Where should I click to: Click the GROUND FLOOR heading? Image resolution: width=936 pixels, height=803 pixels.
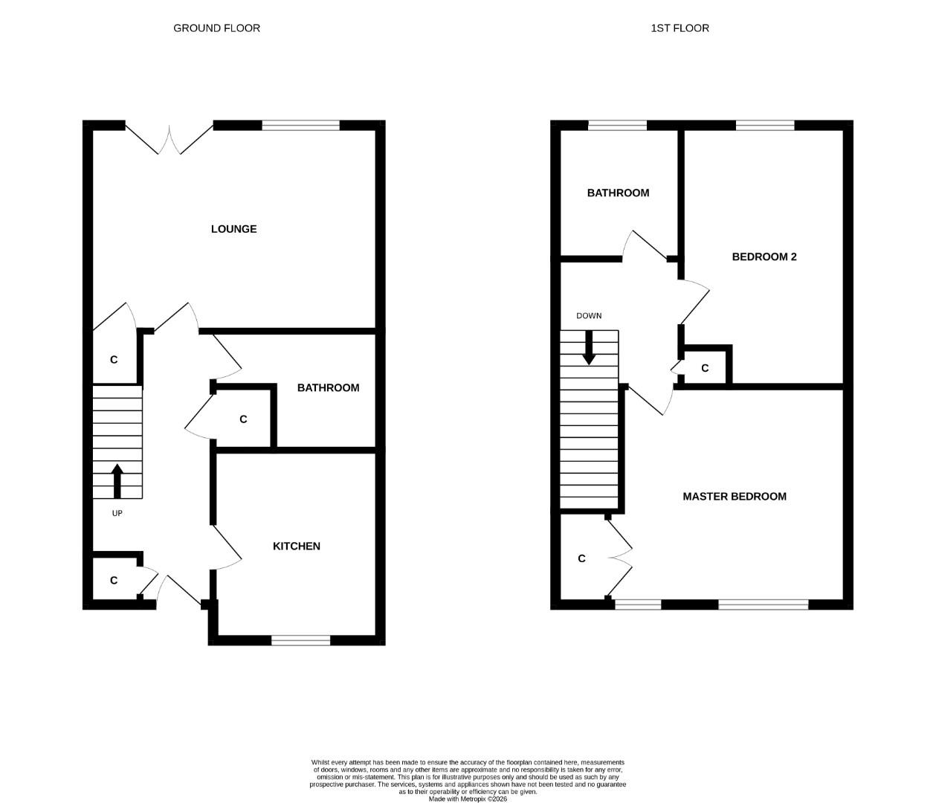pos(216,28)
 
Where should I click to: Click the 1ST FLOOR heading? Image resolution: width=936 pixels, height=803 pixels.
pos(680,28)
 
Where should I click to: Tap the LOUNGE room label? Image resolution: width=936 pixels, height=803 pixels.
pos(233,229)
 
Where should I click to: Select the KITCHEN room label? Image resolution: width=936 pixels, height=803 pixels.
pos(297,546)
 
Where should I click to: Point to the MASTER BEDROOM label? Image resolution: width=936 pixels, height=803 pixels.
pos(734,496)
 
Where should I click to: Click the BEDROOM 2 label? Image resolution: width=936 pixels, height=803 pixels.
pos(764,257)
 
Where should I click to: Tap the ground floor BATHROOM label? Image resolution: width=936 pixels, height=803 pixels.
pos(328,387)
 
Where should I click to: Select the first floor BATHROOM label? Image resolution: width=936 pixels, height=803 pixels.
pos(618,193)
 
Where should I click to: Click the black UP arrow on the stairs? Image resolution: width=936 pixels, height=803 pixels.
pos(117,481)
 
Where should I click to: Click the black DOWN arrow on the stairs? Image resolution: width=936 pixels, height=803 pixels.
pos(589,347)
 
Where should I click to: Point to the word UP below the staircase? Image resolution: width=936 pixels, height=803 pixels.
pos(117,513)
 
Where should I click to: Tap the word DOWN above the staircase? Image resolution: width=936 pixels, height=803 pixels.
pos(589,315)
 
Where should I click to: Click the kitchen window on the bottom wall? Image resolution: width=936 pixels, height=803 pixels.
pos(300,640)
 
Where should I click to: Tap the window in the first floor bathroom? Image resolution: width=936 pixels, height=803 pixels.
pos(617,126)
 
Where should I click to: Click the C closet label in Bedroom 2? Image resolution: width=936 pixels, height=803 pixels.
pos(705,368)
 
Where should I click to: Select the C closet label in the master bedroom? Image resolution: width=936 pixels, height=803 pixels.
pos(581,558)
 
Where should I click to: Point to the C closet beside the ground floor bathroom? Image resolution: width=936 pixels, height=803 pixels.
pos(243,419)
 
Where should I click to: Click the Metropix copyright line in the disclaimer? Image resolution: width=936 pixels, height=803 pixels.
pos(468,799)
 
